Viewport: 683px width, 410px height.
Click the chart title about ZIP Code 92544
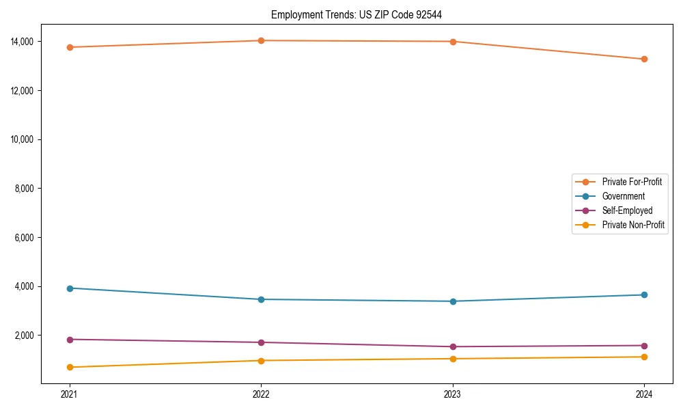coord(361,14)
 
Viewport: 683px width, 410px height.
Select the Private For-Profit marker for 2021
coord(70,47)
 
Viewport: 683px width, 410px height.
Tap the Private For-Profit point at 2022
coord(261,40)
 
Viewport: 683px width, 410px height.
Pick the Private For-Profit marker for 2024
coord(644,59)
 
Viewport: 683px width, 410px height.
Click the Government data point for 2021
coord(70,288)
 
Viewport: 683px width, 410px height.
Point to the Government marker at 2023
coord(453,301)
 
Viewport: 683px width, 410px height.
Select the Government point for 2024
coord(644,295)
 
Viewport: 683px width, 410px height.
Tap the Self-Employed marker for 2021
coord(70,340)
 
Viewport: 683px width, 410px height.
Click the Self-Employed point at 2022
coord(261,342)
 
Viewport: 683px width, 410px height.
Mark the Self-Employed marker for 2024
coord(644,345)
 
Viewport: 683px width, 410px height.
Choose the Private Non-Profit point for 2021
coord(70,367)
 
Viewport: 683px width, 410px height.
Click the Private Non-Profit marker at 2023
coord(453,359)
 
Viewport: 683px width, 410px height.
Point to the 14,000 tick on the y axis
coord(23,42)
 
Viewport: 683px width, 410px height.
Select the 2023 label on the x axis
coord(453,394)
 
